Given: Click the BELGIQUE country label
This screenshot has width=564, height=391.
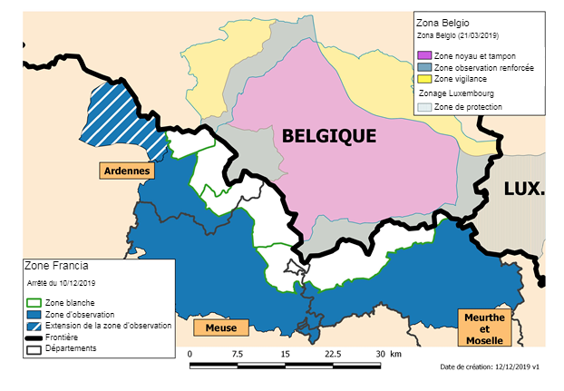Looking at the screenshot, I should tap(328, 136).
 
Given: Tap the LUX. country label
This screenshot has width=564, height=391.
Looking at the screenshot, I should tap(523, 190).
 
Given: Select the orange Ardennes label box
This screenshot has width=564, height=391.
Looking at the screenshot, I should tap(127, 170).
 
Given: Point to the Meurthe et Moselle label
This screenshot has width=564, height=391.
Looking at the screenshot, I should tap(483, 327).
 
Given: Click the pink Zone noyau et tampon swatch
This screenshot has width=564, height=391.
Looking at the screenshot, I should tap(424, 56).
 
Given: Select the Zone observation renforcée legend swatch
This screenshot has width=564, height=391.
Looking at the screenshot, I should tap(424, 68).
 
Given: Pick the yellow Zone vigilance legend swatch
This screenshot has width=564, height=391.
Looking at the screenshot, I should tap(424, 79).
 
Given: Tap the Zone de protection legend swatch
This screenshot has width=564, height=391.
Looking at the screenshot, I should tap(424, 107).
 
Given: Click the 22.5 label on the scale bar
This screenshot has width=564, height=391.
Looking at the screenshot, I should tap(333, 354).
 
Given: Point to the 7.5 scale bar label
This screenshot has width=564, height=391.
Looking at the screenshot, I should tap(237, 354).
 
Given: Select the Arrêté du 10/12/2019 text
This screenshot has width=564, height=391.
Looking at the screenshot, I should tap(57, 284).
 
